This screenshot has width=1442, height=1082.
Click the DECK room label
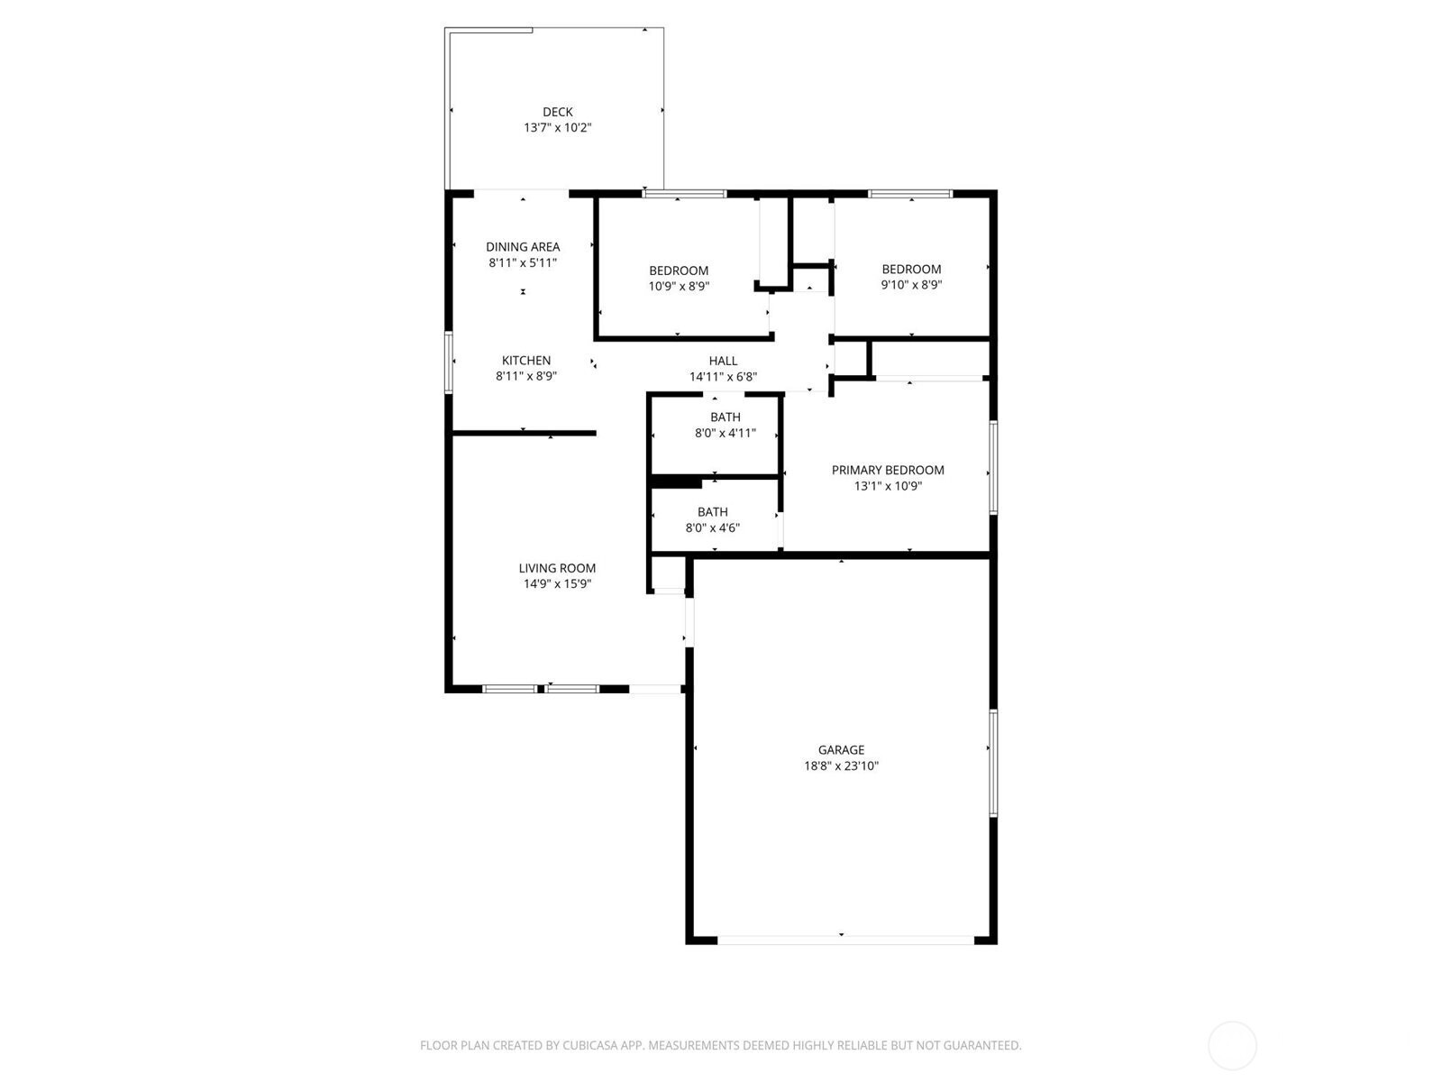point(557,113)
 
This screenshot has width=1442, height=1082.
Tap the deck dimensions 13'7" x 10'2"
point(557,127)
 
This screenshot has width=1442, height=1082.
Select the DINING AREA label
point(523,247)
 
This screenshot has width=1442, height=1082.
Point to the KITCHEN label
point(526,361)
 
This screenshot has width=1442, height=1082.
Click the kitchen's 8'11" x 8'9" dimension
point(526,376)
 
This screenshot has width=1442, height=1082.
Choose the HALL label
point(723,361)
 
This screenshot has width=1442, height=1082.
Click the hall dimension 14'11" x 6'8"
point(723,377)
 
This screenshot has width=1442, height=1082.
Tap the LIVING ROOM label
point(557,568)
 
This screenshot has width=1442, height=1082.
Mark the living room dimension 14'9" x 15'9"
point(557,584)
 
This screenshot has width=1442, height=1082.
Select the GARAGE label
point(841,749)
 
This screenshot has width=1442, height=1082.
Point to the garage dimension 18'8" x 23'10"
point(841,766)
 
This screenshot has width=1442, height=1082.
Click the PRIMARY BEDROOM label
point(888,471)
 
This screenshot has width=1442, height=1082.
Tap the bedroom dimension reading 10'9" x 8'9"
point(679,287)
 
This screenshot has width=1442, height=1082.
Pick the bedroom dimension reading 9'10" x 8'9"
point(911,285)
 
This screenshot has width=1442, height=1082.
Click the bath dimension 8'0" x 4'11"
point(726,433)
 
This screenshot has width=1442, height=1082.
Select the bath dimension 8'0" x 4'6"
point(713,527)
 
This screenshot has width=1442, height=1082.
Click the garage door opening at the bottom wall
point(845,940)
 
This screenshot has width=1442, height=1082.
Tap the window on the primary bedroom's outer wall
point(993,467)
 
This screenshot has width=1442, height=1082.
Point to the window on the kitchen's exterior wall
point(450,362)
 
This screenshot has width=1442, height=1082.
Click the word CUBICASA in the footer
point(589,1045)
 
